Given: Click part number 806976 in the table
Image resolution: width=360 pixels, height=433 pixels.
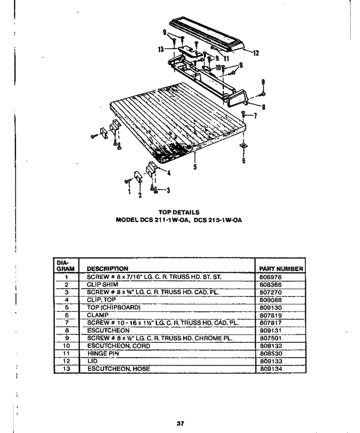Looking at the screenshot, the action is click(271, 277).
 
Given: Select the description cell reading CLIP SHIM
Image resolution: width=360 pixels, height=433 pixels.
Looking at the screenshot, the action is click(103, 284).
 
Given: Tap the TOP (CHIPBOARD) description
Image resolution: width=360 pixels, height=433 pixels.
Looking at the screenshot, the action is click(114, 307).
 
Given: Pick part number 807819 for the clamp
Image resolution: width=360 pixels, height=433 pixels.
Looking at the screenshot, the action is click(271, 315).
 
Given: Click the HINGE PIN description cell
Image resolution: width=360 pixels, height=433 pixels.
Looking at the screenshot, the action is click(103, 353).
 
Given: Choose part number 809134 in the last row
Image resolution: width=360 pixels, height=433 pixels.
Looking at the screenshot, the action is click(271, 368).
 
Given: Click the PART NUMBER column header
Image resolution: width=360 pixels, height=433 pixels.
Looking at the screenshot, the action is click(281, 269).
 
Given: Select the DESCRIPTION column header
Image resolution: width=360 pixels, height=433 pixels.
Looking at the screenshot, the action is click(108, 269).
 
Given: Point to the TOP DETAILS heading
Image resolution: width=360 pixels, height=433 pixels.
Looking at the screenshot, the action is click(179, 212).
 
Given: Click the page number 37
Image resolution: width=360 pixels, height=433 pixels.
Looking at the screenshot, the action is click(180, 423).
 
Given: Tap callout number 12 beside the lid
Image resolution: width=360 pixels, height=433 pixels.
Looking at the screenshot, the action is click(256, 53).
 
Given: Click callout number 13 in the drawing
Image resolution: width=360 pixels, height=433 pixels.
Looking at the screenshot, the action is click(161, 50).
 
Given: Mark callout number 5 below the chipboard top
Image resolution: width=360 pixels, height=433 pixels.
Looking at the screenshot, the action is click(195, 167).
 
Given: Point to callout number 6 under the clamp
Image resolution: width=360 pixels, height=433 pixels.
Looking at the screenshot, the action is click(243, 160).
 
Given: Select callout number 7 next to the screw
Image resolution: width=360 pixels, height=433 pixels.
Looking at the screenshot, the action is click(256, 115).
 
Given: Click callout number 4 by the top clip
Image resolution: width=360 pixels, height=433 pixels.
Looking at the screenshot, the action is click(169, 173).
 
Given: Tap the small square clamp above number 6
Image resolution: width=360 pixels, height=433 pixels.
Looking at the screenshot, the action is click(243, 146).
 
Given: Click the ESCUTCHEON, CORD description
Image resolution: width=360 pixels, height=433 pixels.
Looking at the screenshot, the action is click(119, 346).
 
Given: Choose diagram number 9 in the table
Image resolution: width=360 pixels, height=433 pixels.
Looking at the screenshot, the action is click(67, 338).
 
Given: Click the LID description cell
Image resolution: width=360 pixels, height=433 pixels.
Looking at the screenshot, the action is click(92, 361).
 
